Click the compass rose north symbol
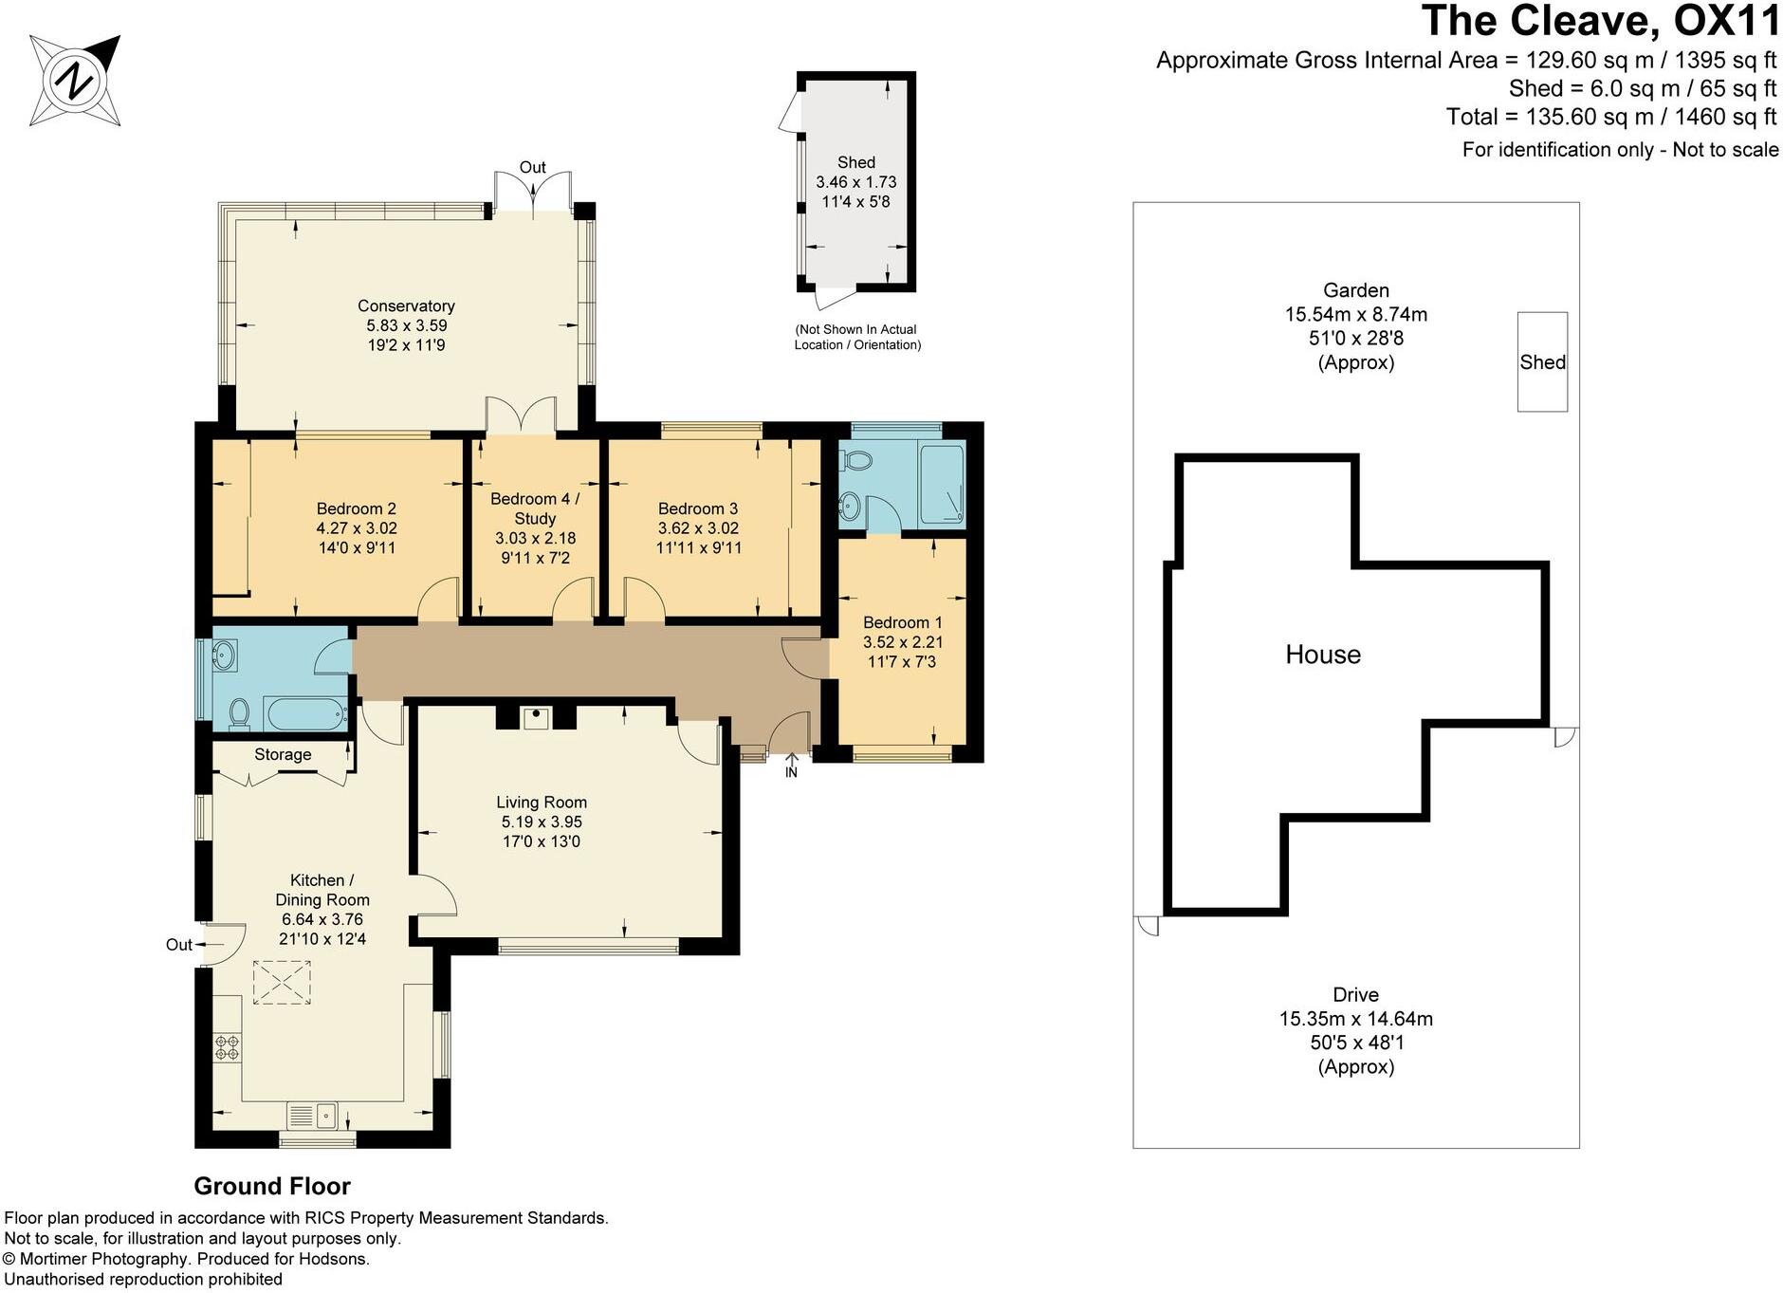tap(76, 82)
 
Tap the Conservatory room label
tap(406, 305)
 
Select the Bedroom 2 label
tap(357, 508)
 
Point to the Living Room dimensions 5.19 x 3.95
tap(542, 822)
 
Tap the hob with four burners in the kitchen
tap(228, 1047)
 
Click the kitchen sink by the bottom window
tap(313, 1115)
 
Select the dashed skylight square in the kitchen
tap(282, 982)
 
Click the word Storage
tap(283, 754)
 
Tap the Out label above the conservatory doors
tap(532, 167)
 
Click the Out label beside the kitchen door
tap(178, 944)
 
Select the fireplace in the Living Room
tap(538, 716)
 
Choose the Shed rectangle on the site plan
tap(1542, 361)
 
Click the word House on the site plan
tap(1323, 654)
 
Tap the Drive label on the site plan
tap(1355, 994)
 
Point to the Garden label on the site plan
tap(1356, 290)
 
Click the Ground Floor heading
tap(272, 1186)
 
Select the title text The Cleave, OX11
tap(1600, 22)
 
